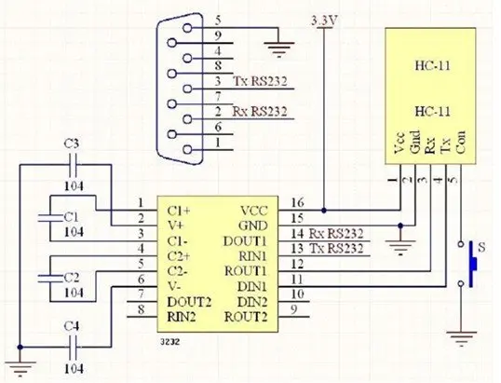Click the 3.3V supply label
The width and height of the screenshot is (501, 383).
coord(324,21)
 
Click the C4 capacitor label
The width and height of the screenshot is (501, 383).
coord(72,327)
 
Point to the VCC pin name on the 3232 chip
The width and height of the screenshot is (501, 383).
coord(254,211)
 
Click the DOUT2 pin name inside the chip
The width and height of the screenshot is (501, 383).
coord(189,302)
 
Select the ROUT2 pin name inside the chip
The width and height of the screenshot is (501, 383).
coord(246,317)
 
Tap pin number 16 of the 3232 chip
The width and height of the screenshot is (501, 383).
coord(297,203)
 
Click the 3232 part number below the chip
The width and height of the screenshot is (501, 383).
coord(170,342)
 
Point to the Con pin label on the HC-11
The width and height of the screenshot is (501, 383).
coord(460,142)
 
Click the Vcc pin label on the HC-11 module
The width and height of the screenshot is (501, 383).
coord(399,143)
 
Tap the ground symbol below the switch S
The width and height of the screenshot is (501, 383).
coord(461,338)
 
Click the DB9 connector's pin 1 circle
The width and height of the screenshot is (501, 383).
coord(187,150)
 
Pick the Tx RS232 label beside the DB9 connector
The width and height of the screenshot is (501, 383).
coord(260,81)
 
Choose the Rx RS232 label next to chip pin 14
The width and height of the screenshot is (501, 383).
coord(336,234)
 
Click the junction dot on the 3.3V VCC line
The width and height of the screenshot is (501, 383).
coord(324,211)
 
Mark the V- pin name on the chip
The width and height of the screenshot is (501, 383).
coord(174,286)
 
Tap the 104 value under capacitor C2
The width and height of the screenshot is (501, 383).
coord(74,293)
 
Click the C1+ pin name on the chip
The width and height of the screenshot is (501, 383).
coord(179,211)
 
